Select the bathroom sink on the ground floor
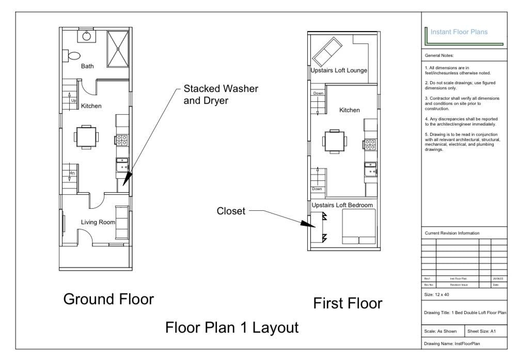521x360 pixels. click(87, 36)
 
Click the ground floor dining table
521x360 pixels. click(86, 137)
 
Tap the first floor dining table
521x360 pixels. click(335, 141)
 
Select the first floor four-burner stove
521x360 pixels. click(370, 144)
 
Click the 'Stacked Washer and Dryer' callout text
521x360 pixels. click(220, 94)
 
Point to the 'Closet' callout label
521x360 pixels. click(231, 211)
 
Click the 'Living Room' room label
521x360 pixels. click(98, 222)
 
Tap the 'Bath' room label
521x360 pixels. click(87, 66)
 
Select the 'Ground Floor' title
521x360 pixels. click(108, 299)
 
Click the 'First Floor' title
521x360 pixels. click(348, 303)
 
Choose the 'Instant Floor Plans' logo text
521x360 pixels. click(459, 32)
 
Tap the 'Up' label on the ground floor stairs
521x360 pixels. click(74, 101)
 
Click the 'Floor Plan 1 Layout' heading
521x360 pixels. click(231, 327)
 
